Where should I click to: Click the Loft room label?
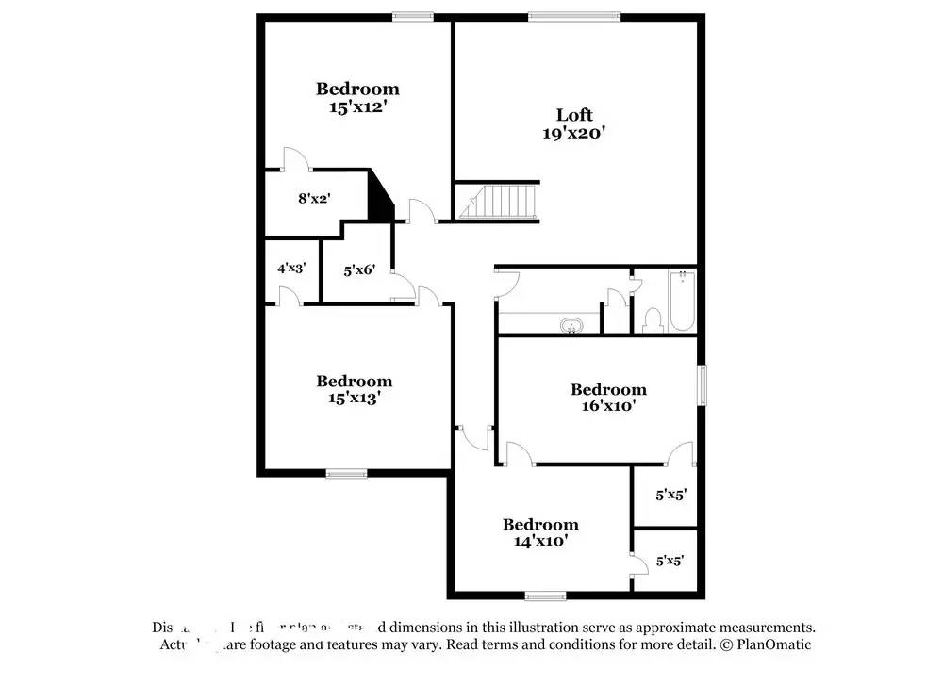[573, 116]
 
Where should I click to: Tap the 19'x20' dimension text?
[573, 134]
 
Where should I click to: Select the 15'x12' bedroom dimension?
[356, 107]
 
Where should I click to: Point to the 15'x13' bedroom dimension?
[354, 399]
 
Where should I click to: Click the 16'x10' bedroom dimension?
[608, 406]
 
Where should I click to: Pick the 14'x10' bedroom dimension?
[539, 542]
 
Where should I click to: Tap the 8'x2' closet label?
[313, 199]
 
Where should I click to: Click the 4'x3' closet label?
[290, 269]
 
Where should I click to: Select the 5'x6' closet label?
[359, 270]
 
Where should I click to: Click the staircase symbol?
[498, 201]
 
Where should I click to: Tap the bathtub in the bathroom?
[682, 301]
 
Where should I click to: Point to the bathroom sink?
[571, 327]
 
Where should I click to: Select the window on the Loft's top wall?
[573, 15]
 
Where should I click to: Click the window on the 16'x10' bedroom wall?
[702, 384]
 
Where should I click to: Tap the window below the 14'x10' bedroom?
[545, 595]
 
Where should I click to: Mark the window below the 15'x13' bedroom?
[346, 473]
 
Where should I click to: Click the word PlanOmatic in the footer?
[773, 645]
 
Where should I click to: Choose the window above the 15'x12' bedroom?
[413, 15]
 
